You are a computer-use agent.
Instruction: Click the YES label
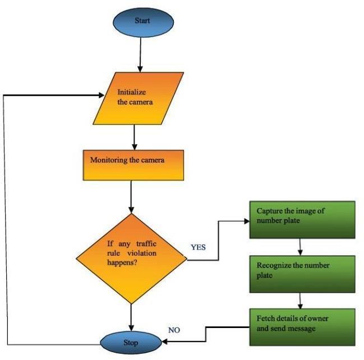pyautogui.click(x=199, y=246)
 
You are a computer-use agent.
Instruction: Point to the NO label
pyautogui.click(x=175, y=330)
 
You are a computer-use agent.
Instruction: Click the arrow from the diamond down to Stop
pyautogui.click(x=131, y=316)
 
